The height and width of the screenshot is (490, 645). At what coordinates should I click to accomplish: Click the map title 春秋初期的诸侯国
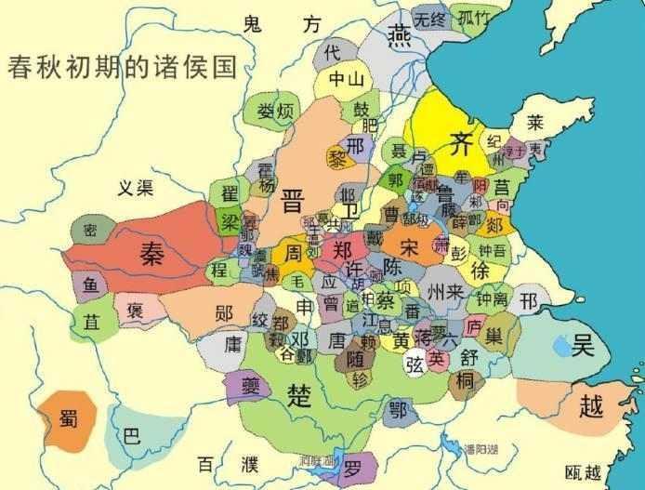122,68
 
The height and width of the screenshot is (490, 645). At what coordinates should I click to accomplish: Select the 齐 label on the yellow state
460,143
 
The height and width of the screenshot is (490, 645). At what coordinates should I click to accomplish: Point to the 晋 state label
295,201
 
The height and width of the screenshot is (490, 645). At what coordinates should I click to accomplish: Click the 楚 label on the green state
299,391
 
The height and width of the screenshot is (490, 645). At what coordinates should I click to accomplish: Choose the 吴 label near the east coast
583,346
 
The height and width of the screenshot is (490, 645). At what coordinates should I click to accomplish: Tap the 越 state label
590,405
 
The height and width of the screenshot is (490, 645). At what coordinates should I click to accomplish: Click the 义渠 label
136,187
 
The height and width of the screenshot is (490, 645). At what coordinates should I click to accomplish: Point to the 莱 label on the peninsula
535,122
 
